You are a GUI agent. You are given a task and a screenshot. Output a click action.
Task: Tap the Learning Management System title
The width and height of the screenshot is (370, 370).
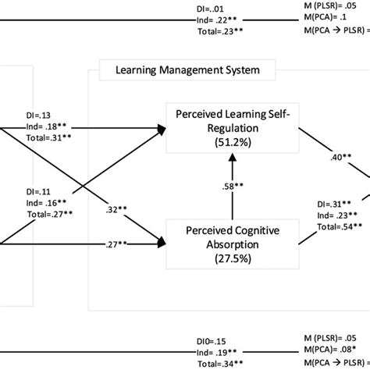click(187, 72)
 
